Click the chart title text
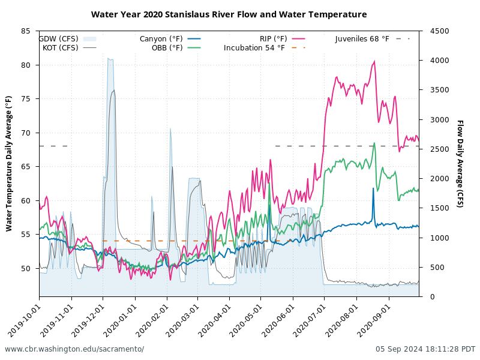coord(229,14)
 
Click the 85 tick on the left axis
coord(26,31)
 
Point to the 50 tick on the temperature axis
coord(26,269)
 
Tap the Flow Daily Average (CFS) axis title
coord(460,163)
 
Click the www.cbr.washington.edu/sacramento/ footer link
coord(74,349)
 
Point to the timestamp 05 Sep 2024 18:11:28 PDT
coord(425,349)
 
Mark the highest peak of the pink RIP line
coord(374,61)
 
